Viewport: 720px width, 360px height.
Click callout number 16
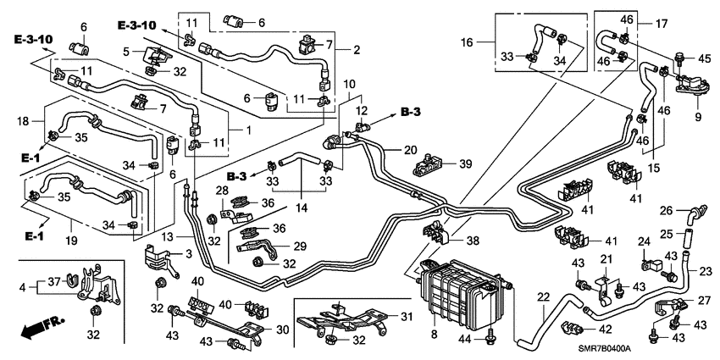click(x=467, y=42)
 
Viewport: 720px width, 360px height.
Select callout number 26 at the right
click(x=667, y=210)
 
